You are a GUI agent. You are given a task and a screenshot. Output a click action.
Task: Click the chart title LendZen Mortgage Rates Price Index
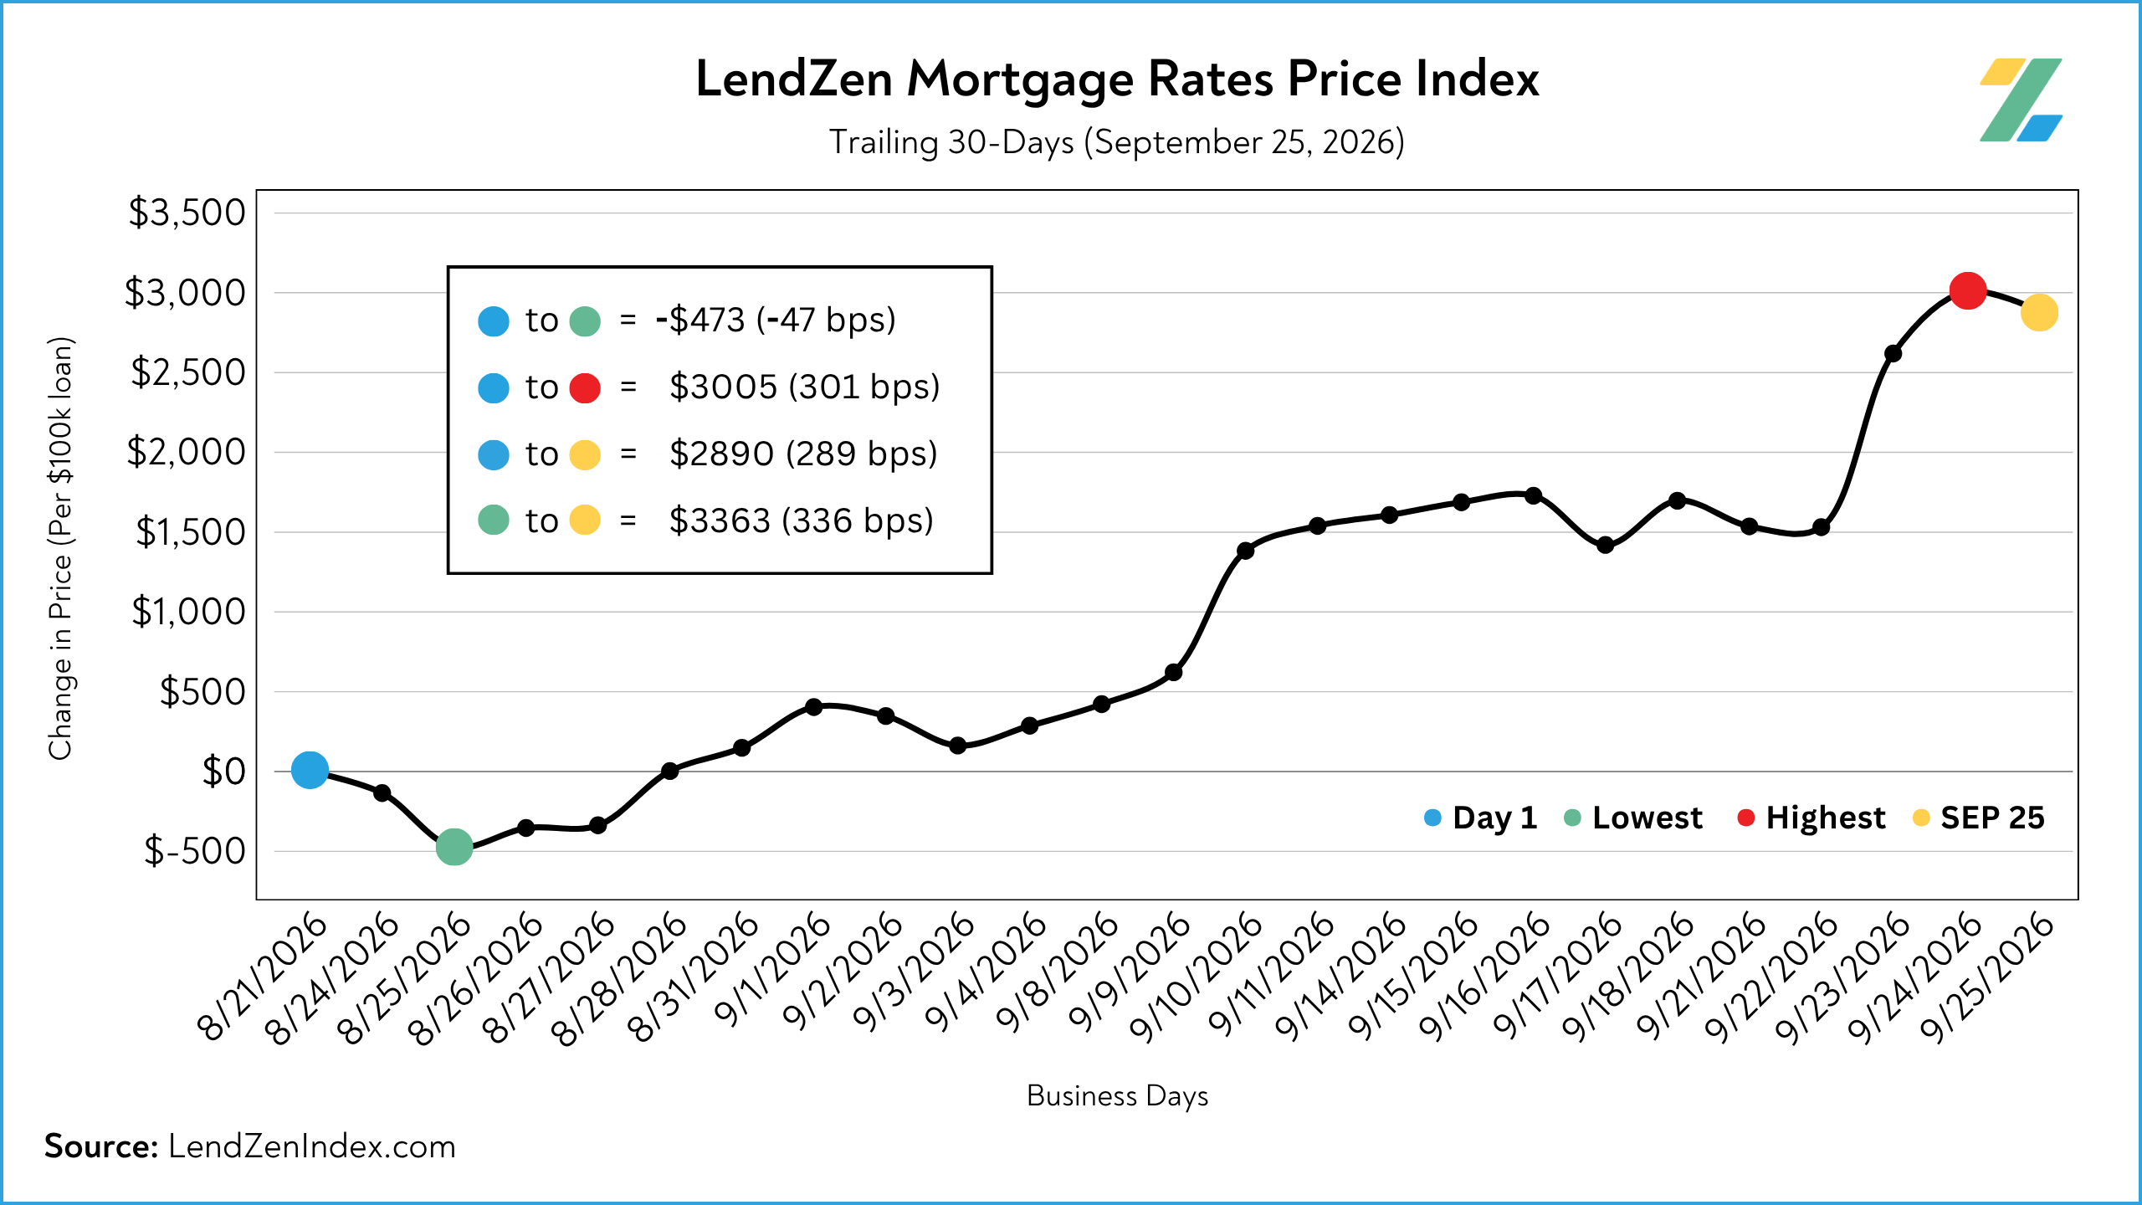pos(1117,80)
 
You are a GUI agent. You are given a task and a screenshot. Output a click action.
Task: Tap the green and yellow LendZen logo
pos(2021,100)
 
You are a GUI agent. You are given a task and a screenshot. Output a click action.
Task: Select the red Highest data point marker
pos(1968,290)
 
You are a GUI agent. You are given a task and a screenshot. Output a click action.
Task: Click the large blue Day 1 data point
pos(310,770)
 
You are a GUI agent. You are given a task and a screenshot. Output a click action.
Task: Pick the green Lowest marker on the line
pos(454,847)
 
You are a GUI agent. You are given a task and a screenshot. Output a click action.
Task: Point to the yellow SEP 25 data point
pos(2039,313)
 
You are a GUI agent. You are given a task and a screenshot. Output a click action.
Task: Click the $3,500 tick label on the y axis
pos(187,213)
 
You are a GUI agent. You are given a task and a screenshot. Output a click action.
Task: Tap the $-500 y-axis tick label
pos(195,851)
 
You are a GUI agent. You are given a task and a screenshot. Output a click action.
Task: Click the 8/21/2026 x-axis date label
pos(261,977)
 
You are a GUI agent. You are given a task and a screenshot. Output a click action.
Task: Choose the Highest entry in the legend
pos(1811,818)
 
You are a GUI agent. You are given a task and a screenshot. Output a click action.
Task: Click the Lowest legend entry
pos(1633,818)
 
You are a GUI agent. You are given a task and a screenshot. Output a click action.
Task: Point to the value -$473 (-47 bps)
pos(776,320)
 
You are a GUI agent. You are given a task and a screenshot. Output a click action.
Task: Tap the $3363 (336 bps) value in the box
pos(802,520)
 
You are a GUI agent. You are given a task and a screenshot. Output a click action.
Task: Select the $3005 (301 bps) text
pos(805,387)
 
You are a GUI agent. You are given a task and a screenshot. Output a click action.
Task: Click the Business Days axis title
pos(1117,1096)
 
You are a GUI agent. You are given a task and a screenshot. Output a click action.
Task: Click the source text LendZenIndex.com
pos(312,1146)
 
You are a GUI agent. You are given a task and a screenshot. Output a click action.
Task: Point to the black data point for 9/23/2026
pos(1893,353)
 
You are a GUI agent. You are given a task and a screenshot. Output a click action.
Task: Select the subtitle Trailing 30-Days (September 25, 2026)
pos(1117,142)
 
